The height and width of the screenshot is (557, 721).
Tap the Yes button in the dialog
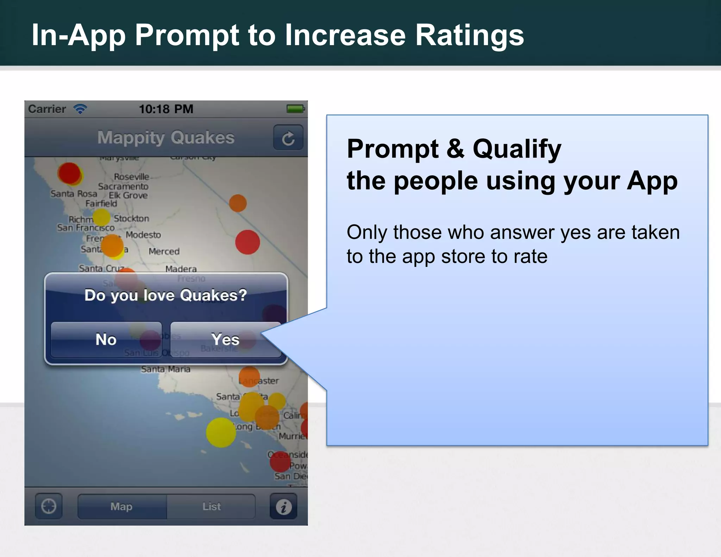point(226,340)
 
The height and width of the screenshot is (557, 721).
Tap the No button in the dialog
point(106,340)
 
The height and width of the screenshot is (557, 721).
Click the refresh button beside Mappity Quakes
point(288,138)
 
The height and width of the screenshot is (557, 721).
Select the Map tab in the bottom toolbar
point(122,507)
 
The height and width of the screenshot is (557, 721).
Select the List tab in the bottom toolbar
point(211,507)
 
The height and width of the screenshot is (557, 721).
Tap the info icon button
point(283,507)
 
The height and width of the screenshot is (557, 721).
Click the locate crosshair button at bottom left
point(49,507)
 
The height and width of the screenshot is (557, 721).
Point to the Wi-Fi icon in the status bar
point(80,109)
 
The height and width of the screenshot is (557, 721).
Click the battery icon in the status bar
point(295,109)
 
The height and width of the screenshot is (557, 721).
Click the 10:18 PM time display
point(166,109)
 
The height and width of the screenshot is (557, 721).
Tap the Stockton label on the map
point(131,219)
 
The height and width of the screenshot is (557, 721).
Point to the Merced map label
point(164,251)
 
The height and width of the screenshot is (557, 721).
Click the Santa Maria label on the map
point(165,369)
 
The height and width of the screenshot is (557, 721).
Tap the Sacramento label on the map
point(123,186)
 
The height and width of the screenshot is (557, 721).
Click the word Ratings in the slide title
point(470,35)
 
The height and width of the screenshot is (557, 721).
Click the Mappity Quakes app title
point(166,137)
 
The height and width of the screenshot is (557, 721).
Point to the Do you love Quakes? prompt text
point(166,295)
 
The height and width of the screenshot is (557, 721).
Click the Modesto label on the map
point(143,235)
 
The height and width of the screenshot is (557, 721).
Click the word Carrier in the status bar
point(47,109)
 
